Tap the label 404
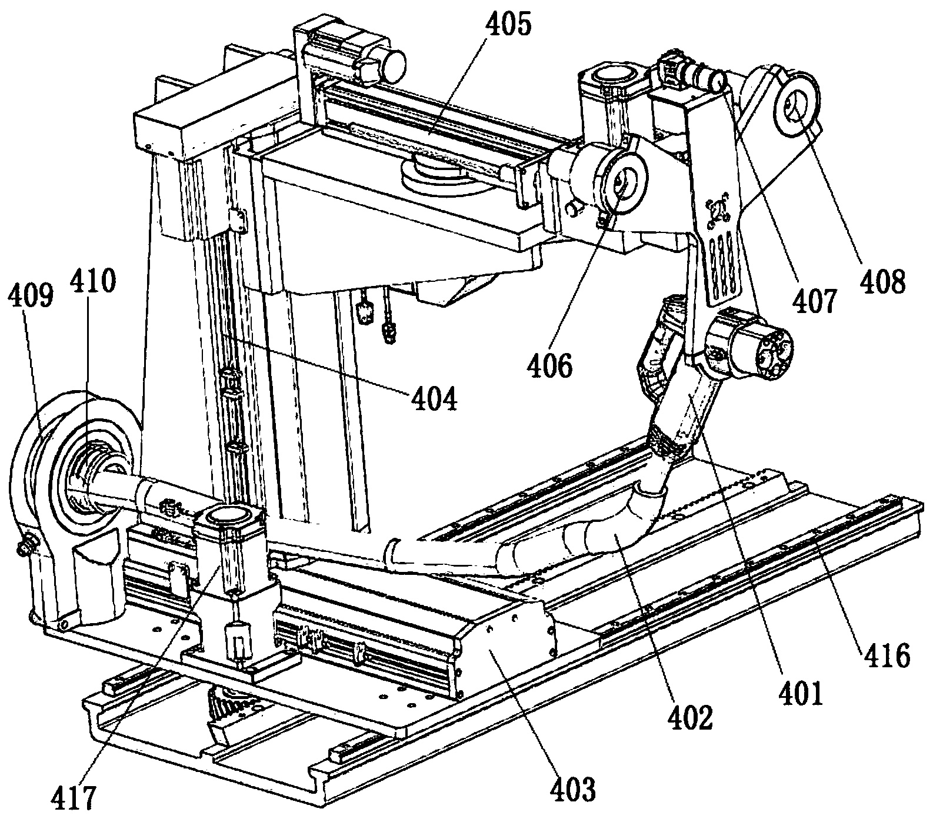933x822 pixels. pyautogui.click(x=433, y=400)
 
